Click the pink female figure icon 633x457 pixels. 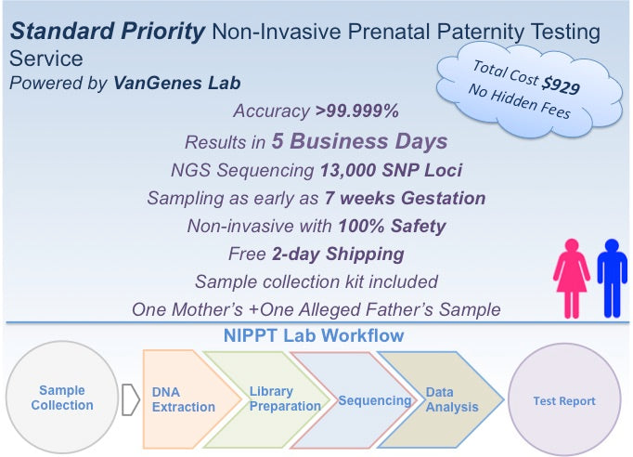572,279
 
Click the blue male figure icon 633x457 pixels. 612,279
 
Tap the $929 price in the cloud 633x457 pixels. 561,85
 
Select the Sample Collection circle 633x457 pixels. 62,398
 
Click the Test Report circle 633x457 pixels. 564,400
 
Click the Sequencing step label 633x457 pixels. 375,400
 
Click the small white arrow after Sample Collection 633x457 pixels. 130,399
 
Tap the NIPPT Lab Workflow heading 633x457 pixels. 314,335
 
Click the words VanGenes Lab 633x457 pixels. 177,84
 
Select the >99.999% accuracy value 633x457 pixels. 357,111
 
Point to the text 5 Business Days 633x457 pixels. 359,141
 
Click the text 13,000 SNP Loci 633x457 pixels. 391,170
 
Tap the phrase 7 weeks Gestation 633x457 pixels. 405,198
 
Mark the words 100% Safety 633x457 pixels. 392,226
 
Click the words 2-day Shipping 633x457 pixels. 338,255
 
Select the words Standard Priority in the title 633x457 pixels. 108,32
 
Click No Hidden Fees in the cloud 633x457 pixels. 519,101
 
